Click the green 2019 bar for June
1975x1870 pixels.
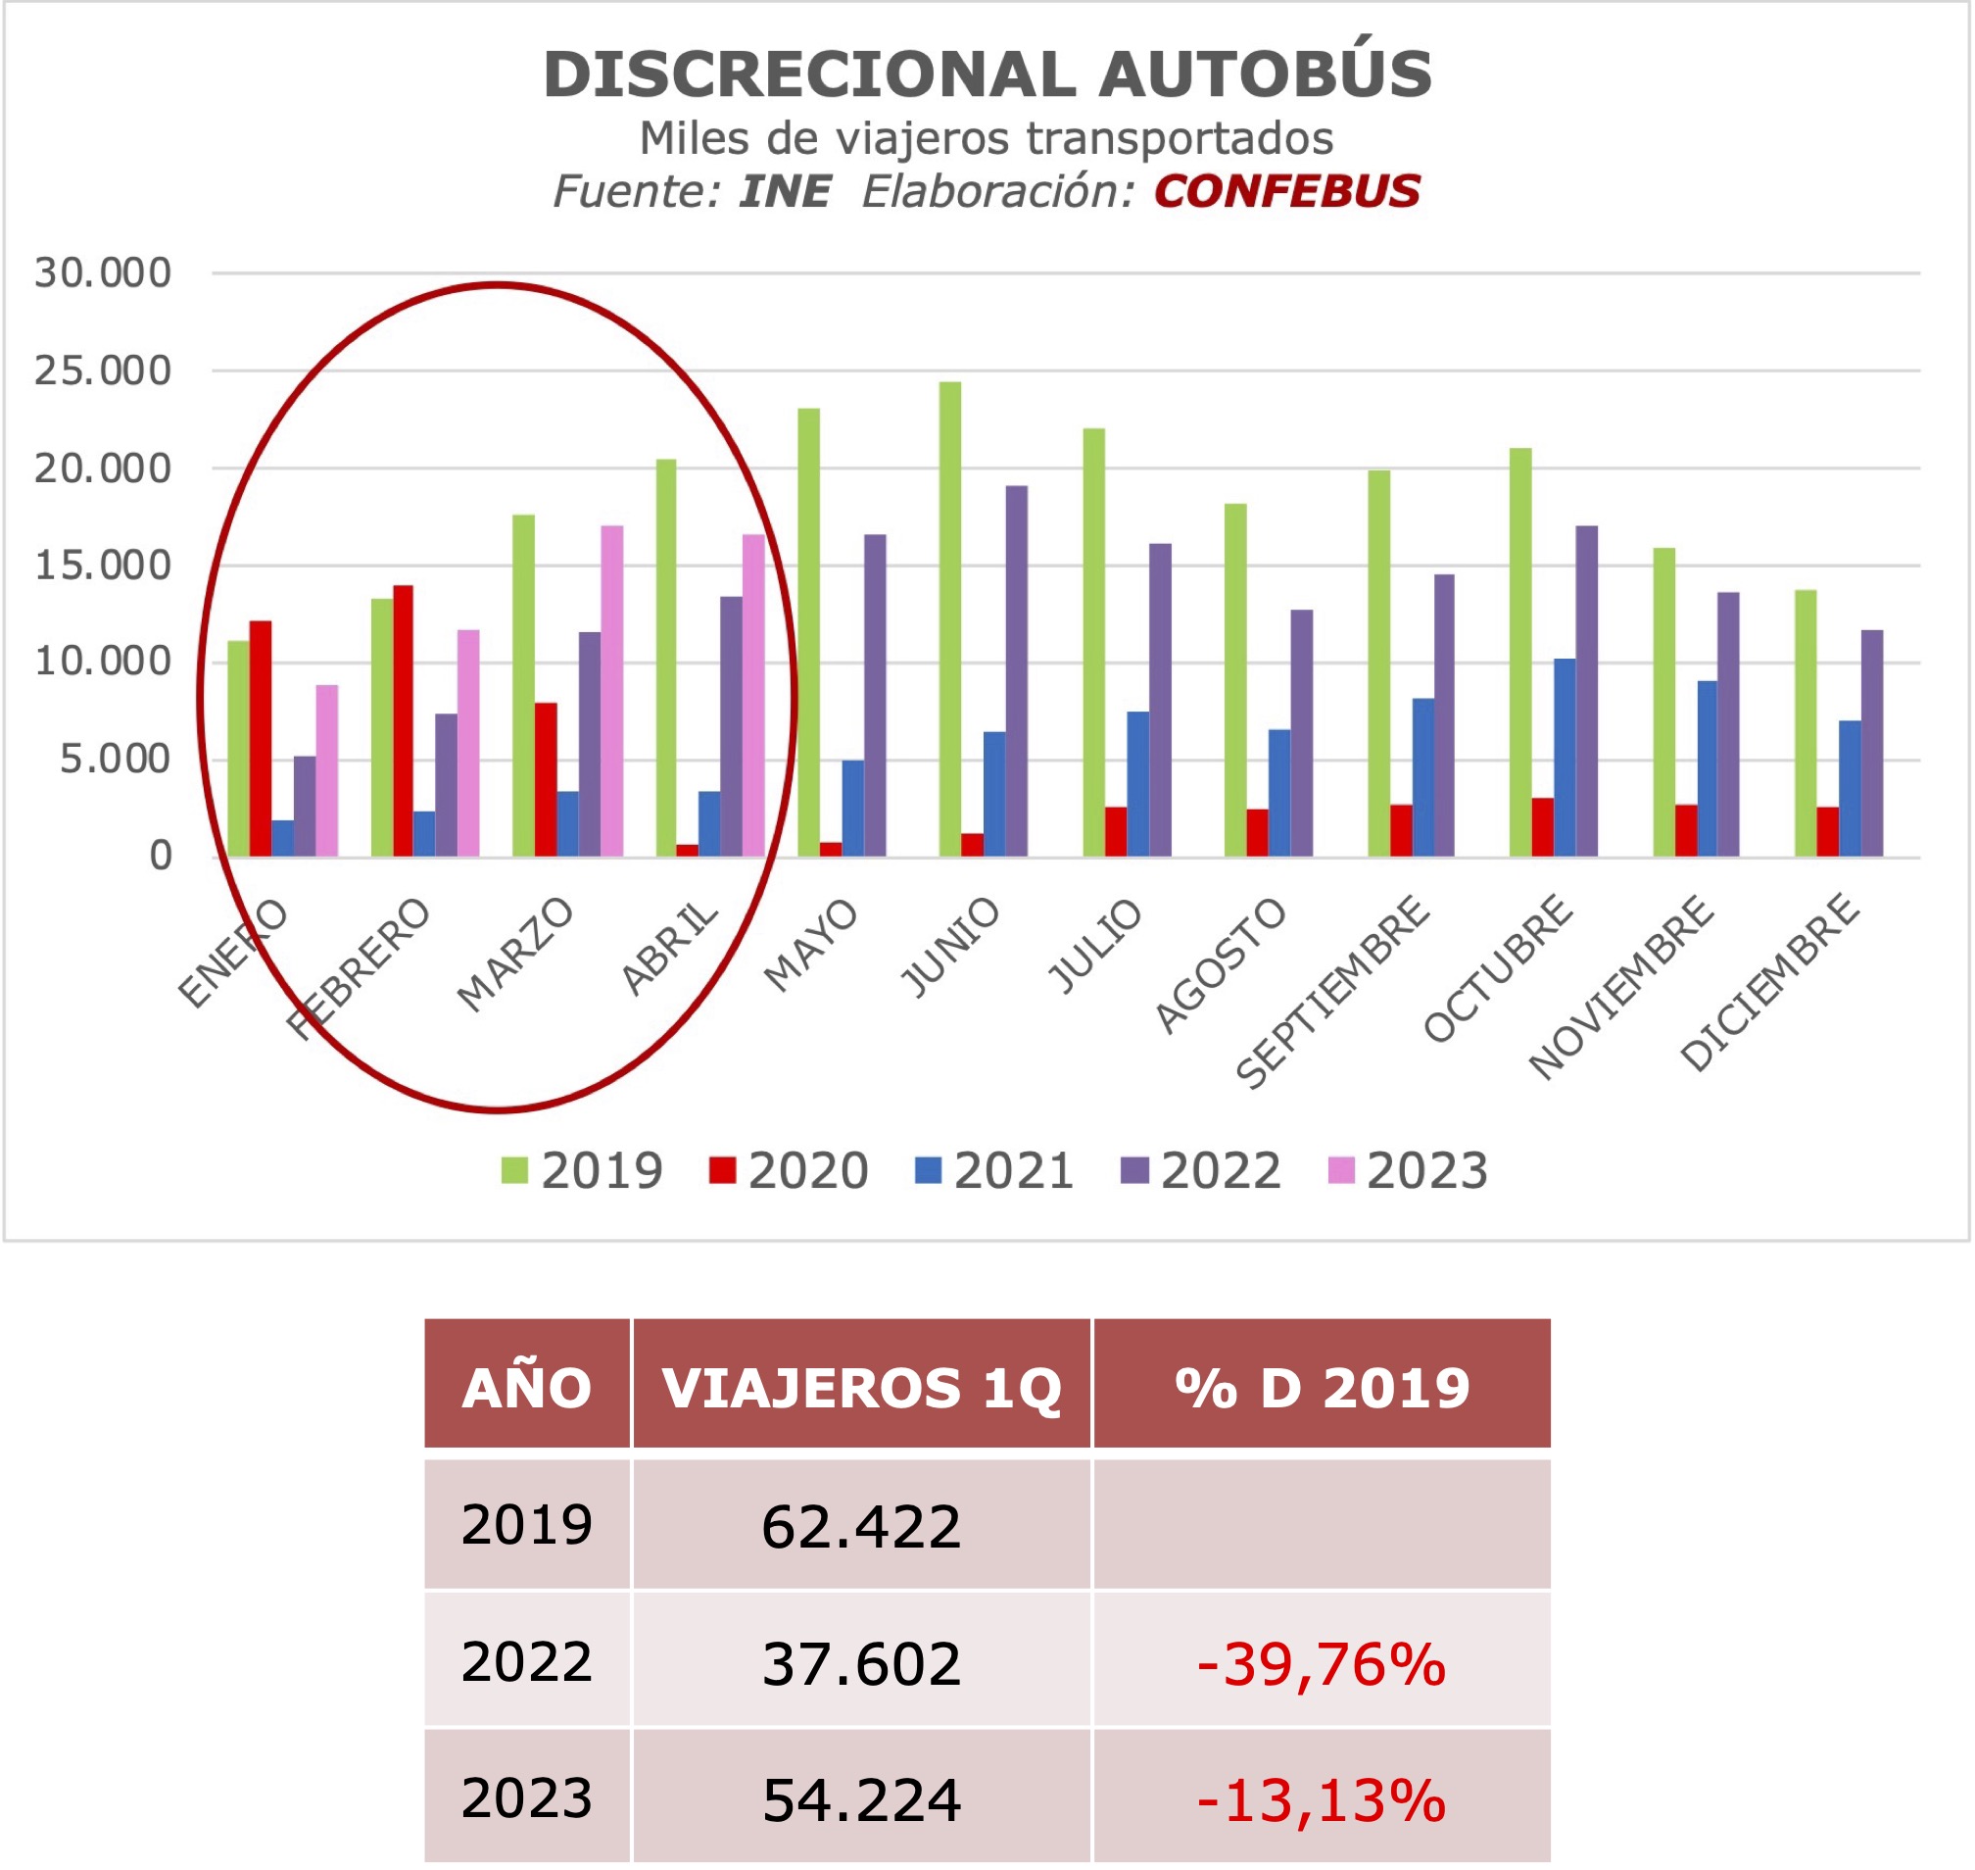pyautogui.click(x=949, y=619)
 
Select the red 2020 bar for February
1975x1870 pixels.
pyautogui.click(x=403, y=720)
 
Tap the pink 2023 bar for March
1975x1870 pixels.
pyautogui.click(x=612, y=691)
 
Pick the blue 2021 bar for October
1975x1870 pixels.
pyautogui.click(x=1565, y=758)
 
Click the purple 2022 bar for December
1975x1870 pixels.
pyautogui.click(x=1871, y=744)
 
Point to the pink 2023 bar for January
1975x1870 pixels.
pyautogui.click(x=327, y=770)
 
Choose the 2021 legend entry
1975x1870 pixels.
pyautogui.click(x=994, y=1170)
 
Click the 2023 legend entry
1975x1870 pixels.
pyautogui.click(x=1408, y=1170)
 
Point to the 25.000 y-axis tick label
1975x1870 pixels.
pyautogui.click(x=103, y=370)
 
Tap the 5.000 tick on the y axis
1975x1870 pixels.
pyautogui.click(x=116, y=760)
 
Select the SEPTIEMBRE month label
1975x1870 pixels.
pyautogui.click(x=1332, y=992)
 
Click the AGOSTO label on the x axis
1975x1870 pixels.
pyautogui.click(x=1220, y=965)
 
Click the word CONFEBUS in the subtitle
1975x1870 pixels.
pyautogui.click(x=1286, y=191)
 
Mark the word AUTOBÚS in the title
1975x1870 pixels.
pyautogui.click(x=1266, y=74)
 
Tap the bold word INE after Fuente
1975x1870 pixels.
pyautogui.click(x=785, y=191)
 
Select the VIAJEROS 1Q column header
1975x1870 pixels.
pyautogui.click(x=861, y=1388)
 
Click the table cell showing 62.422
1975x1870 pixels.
pyautogui.click(x=861, y=1526)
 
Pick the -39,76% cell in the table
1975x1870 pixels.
pyautogui.click(x=1321, y=1663)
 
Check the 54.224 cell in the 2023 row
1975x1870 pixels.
pyautogui.click(x=861, y=1799)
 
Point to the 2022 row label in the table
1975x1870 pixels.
pyautogui.click(x=526, y=1661)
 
